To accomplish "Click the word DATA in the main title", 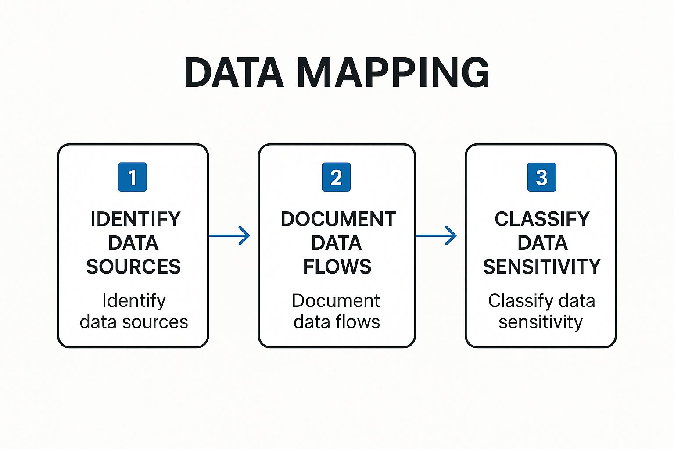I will click(234, 73).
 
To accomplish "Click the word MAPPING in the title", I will click(393, 73).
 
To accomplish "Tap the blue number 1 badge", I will click(132, 177).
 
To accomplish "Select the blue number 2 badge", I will click(336, 177).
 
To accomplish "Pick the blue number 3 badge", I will click(541, 177).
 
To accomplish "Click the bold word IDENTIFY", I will click(135, 219).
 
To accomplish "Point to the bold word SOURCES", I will click(133, 267).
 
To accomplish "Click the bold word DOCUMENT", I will click(338, 219).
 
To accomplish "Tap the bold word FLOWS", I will click(337, 267).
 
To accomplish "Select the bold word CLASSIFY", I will click(542, 219).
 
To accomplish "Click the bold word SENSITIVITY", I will click(541, 267).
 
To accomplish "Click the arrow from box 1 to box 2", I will click(229, 236).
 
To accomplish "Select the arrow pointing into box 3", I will click(436, 236).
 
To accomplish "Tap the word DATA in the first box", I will click(133, 243).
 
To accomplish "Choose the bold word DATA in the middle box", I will click(337, 243).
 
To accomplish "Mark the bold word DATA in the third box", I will click(542, 243).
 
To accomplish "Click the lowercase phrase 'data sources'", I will click(134, 322).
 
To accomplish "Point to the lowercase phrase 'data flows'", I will click(337, 322).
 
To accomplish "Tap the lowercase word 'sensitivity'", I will click(541, 322).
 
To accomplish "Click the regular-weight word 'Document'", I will click(336, 301).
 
